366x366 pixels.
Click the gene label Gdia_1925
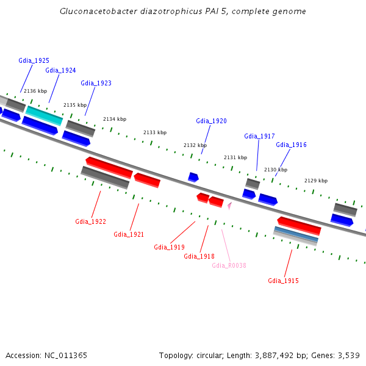point(34,60)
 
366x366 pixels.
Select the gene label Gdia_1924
point(60,70)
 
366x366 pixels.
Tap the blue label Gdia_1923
point(96,83)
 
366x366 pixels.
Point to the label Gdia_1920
point(211,121)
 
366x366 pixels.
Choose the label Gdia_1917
point(259,136)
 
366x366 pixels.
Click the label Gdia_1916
point(291,145)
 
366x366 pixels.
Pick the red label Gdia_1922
point(90,221)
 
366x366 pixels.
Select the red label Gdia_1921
point(129,234)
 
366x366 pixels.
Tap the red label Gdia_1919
point(169,247)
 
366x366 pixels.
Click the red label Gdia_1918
point(199,256)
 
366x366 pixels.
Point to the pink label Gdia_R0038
point(229,265)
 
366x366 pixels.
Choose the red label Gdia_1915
point(283,281)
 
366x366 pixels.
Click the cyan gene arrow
point(44,115)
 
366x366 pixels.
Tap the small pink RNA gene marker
point(229,206)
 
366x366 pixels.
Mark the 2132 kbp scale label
point(195,145)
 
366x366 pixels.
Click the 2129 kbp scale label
point(316,181)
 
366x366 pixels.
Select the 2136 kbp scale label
point(35,91)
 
